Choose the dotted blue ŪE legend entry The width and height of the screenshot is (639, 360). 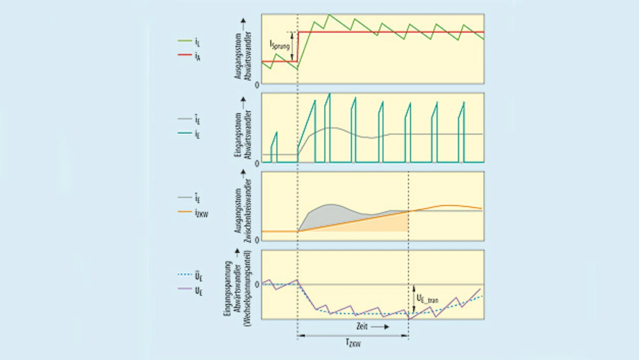189,275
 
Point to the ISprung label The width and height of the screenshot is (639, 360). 280,46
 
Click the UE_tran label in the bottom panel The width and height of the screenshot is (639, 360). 428,298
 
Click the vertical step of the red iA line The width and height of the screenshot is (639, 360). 298,47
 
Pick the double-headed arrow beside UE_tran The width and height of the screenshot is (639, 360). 413,299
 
